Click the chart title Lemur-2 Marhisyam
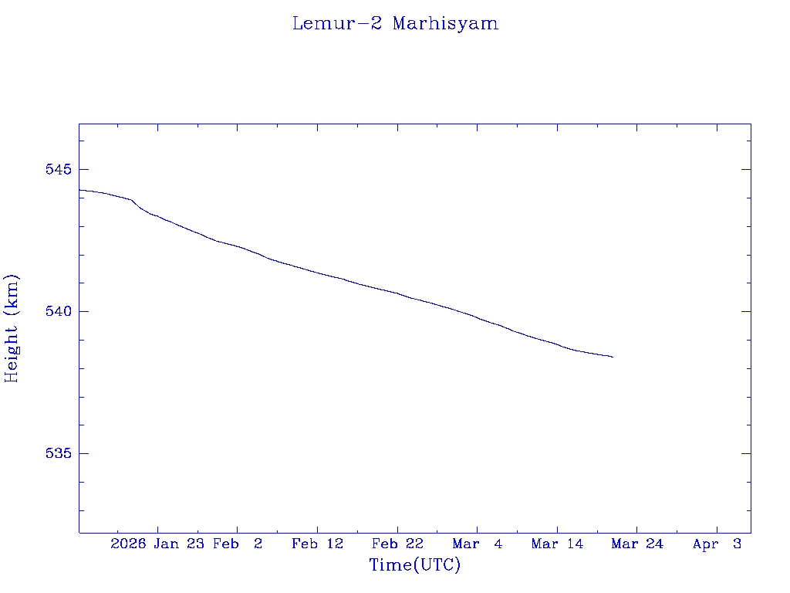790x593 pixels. [x=395, y=23]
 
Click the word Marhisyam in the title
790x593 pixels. [x=445, y=23]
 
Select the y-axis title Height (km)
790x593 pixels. [x=12, y=327]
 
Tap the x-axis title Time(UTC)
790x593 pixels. [x=415, y=565]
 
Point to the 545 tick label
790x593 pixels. [x=59, y=169]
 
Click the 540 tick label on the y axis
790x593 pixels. [x=59, y=311]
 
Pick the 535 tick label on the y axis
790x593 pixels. [x=59, y=453]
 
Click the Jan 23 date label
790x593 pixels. [x=178, y=544]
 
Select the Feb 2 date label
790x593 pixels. [x=238, y=544]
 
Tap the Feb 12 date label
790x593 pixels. [x=317, y=544]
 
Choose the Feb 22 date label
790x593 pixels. [x=397, y=544]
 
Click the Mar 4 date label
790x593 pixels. [x=478, y=544]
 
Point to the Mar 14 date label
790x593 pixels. [x=557, y=544]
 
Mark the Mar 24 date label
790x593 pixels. [x=637, y=544]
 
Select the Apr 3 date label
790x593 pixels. [x=717, y=544]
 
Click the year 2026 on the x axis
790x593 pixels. [x=128, y=544]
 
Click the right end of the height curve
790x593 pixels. [x=613, y=357]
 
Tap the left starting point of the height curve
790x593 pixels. [x=79, y=190]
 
